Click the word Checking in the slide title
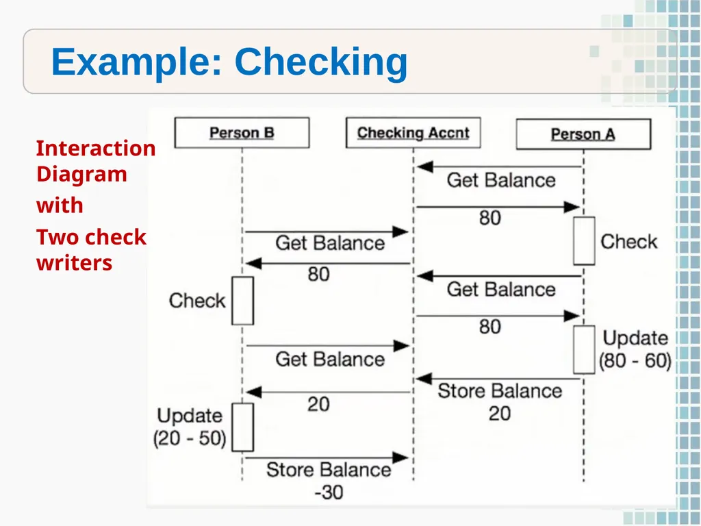click(x=321, y=62)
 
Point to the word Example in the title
click(x=137, y=62)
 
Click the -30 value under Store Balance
click(x=329, y=492)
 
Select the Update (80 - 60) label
click(x=635, y=349)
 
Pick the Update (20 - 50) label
click(x=190, y=427)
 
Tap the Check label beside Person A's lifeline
click(x=629, y=242)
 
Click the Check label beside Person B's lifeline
click(x=197, y=301)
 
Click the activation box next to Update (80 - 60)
click(x=585, y=350)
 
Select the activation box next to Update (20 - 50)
click(x=243, y=427)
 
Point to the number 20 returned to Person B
click(x=318, y=404)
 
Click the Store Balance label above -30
click(x=329, y=470)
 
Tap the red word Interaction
click(x=96, y=148)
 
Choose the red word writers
click(x=74, y=262)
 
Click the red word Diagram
click(x=82, y=175)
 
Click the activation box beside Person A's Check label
click(x=585, y=241)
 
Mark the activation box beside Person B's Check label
click(x=243, y=301)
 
